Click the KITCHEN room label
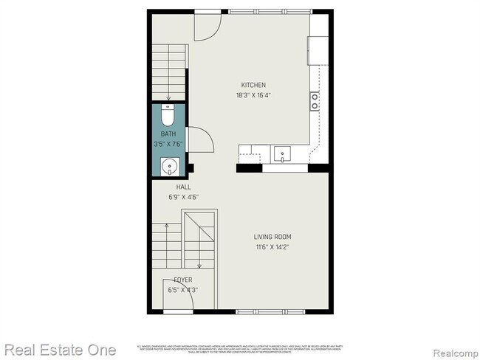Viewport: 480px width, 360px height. pyautogui.click(x=253, y=85)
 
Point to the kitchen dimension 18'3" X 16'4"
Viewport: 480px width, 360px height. pyautogui.click(x=253, y=95)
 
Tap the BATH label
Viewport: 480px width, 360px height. pyautogui.click(x=168, y=134)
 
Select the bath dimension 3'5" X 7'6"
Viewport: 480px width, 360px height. pyautogui.click(x=168, y=145)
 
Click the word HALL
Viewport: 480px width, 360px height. pyautogui.click(x=174, y=187)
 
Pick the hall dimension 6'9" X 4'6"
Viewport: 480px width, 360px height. pyautogui.click(x=174, y=197)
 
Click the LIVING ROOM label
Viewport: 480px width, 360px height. pyautogui.click(x=272, y=237)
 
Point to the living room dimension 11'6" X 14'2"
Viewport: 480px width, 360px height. pyautogui.click(x=272, y=247)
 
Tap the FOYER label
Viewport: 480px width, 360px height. pyautogui.click(x=182, y=280)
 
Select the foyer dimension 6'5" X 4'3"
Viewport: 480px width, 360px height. pyautogui.click(x=182, y=291)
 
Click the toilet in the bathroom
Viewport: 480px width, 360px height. pyautogui.click(x=168, y=117)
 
